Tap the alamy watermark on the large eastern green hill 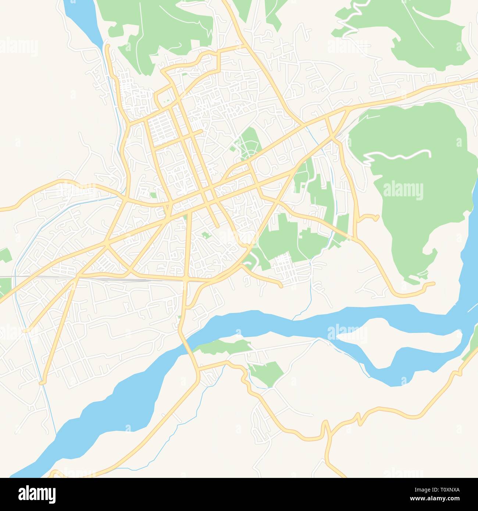(403, 191)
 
